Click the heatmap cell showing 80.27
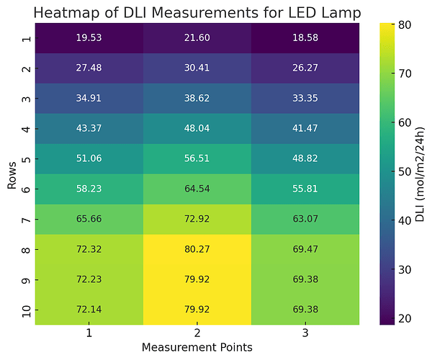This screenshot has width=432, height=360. click(x=197, y=249)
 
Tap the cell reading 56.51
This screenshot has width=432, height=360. click(x=197, y=158)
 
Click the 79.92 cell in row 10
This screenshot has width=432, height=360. click(x=197, y=310)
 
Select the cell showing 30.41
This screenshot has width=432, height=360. click(x=197, y=68)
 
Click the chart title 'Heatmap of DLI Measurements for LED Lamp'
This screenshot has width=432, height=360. click(x=197, y=12)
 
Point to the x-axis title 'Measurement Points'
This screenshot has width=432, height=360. click(x=197, y=347)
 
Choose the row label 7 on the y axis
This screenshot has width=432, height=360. click(x=26, y=219)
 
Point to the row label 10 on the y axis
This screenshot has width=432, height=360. click(x=26, y=310)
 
